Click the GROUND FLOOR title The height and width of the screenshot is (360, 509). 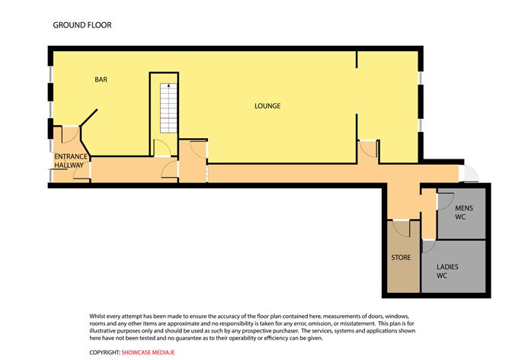point(82,25)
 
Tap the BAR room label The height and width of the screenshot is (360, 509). point(101,79)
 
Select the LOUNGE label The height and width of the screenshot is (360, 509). point(267,106)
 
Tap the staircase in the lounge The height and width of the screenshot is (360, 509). point(166,106)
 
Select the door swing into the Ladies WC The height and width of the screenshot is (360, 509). point(427,246)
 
